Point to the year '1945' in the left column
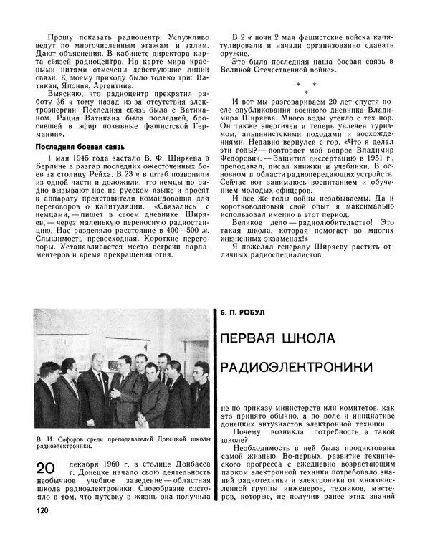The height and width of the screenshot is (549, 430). click(x=81, y=158)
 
